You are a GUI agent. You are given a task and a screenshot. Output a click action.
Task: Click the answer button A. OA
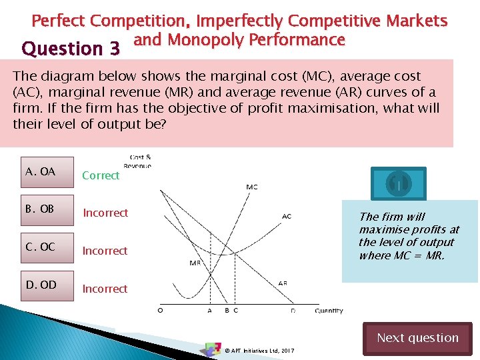pos(47,172)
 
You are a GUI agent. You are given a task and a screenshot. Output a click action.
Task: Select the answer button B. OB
pos(47,209)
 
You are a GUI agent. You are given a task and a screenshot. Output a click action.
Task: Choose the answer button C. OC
pos(47,247)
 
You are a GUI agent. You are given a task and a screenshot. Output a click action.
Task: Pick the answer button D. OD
pos(47,285)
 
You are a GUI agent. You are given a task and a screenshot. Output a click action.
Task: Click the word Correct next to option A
pos(101,175)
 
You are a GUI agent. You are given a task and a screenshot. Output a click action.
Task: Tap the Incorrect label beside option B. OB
pos(105,213)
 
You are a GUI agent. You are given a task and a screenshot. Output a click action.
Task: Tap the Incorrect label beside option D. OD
pos(105,289)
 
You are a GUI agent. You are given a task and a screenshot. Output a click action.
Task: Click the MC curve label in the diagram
pos(252,187)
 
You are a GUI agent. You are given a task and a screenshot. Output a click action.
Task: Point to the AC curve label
pos(286,216)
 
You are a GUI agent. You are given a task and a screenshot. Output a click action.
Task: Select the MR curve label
pos(195,263)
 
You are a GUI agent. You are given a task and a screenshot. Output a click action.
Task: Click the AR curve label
pos(283,283)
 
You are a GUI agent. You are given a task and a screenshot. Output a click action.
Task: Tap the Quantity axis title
pos(329,310)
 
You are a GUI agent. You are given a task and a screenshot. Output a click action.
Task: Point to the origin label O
pos(160,310)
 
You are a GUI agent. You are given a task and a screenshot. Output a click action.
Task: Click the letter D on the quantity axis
pos(293,310)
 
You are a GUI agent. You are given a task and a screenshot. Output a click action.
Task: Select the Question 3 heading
pos(71,49)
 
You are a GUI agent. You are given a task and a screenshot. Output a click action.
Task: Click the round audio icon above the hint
pos(399,183)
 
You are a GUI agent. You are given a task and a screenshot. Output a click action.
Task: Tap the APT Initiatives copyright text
pos(259,351)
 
